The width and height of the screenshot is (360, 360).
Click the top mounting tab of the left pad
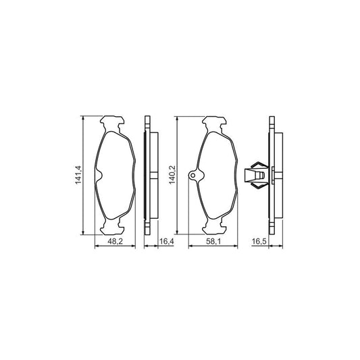(112, 124)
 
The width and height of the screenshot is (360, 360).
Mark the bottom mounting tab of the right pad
(217, 228)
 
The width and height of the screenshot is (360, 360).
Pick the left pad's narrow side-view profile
(148, 176)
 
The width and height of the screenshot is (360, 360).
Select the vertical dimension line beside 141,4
(83, 176)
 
